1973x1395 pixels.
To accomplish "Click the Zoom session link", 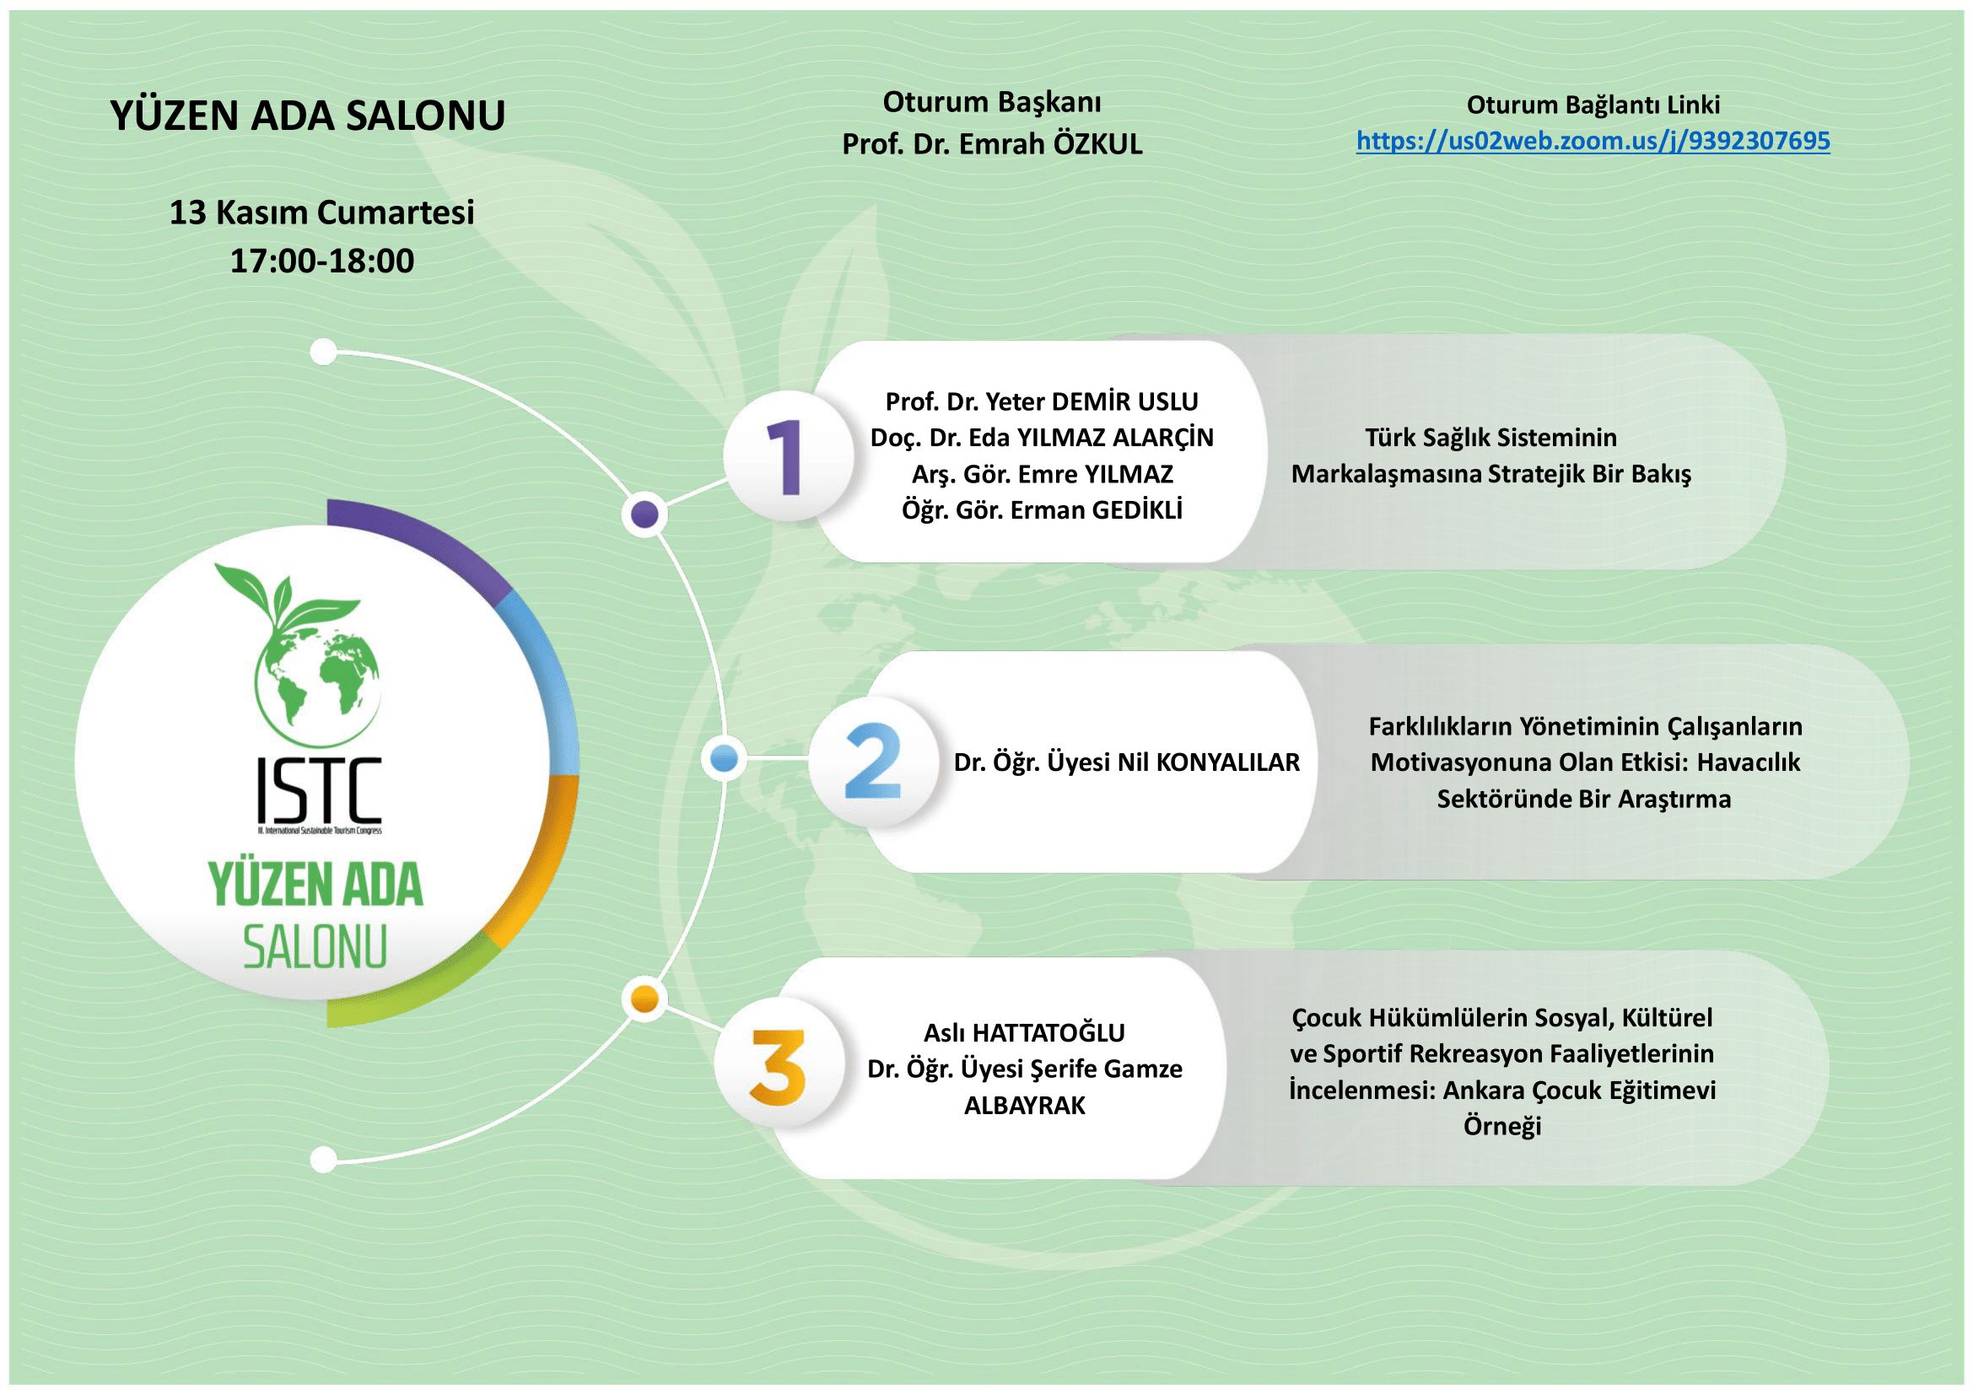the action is (1593, 141).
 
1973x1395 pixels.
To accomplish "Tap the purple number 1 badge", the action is (788, 458).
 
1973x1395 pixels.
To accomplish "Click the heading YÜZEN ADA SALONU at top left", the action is (308, 116).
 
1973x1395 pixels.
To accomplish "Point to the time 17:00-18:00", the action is (322, 261).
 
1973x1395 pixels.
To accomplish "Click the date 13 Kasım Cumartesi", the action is (321, 213).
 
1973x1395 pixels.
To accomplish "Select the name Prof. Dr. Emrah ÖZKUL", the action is (993, 144).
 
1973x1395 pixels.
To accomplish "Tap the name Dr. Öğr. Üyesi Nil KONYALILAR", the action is (1127, 762).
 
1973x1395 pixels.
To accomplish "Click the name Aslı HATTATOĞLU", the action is (1024, 1031).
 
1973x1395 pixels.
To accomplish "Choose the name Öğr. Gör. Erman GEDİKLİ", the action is (1042, 510).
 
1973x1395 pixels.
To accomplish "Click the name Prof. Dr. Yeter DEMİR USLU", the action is (1042, 401).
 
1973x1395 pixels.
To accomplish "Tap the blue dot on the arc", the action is (725, 758).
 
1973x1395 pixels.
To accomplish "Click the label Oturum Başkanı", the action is (993, 103).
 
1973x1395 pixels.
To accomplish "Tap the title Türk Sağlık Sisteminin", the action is (1491, 437).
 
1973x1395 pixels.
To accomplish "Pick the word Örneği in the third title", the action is (1502, 1126).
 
